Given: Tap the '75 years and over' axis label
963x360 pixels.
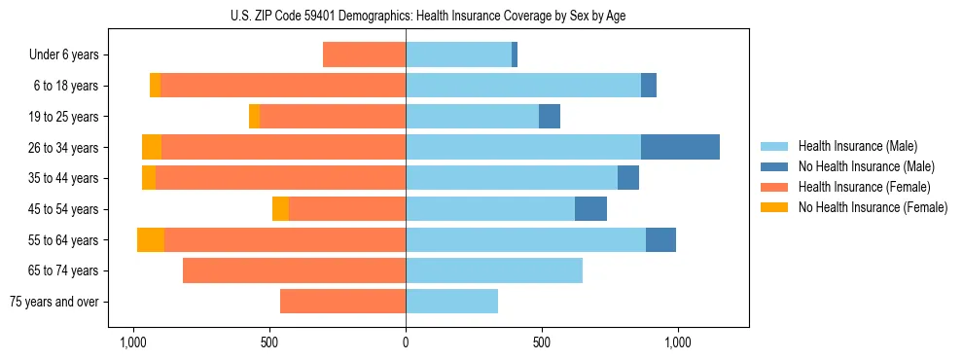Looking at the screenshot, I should pyautogui.click(x=53, y=302).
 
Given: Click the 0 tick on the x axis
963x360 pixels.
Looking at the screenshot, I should pyautogui.click(x=406, y=342).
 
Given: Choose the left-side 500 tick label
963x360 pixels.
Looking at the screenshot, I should pyautogui.click(x=269, y=342).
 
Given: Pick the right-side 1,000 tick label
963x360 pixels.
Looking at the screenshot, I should pyautogui.click(x=678, y=342).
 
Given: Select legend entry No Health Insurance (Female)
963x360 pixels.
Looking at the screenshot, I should pyautogui.click(x=873, y=207).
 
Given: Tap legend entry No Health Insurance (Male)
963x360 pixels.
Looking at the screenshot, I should pyautogui.click(x=866, y=166).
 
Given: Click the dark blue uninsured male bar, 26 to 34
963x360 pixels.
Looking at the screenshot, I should pyautogui.click(x=680, y=147).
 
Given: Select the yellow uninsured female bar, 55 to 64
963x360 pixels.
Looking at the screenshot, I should pyautogui.click(x=151, y=239).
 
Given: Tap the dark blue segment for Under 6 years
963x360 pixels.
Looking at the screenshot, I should pyautogui.click(x=515, y=54).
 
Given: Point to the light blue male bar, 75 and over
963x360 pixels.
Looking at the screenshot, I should pyautogui.click(x=451, y=302).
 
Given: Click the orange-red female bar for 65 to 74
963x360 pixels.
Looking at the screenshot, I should pyautogui.click(x=294, y=270).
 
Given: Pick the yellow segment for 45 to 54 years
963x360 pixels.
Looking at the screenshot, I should pyautogui.click(x=280, y=209).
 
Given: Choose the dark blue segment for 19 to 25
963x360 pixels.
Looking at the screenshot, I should pyautogui.click(x=550, y=116).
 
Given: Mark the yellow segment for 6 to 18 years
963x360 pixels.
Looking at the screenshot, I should pyautogui.click(x=155, y=86).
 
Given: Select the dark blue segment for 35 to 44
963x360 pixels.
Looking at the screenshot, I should pyautogui.click(x=628, y=178).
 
